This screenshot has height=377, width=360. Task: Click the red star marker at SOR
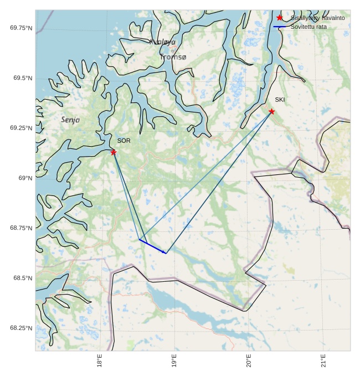pos(114,152)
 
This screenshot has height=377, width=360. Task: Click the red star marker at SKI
pos(271,111)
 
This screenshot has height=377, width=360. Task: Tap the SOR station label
pos(124,141)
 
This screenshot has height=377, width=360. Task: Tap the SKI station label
pos(280,100)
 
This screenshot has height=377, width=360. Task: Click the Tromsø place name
pos(173,57)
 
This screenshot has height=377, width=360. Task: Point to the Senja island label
pos(70,120)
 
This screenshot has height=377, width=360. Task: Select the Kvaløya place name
pos(162,42)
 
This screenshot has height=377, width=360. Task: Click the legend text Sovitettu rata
pos(308,27)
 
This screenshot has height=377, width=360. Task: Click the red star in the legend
pos(280,18)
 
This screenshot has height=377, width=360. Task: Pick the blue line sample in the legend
pos(280,27)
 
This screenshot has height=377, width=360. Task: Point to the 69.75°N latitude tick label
pos(21,28)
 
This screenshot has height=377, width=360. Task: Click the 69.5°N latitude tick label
pos(23,78)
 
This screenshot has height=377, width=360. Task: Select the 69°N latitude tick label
pos(25,178)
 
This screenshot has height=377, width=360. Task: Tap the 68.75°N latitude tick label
pos(21,228)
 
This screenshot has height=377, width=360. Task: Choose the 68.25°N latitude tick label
pos(21,328)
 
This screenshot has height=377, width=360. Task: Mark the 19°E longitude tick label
pos(174,360)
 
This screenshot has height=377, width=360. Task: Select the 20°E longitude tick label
pos(249,360)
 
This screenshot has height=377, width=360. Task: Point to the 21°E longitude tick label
pos(323,360)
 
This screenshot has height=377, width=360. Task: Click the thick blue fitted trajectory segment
pos(152,246)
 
